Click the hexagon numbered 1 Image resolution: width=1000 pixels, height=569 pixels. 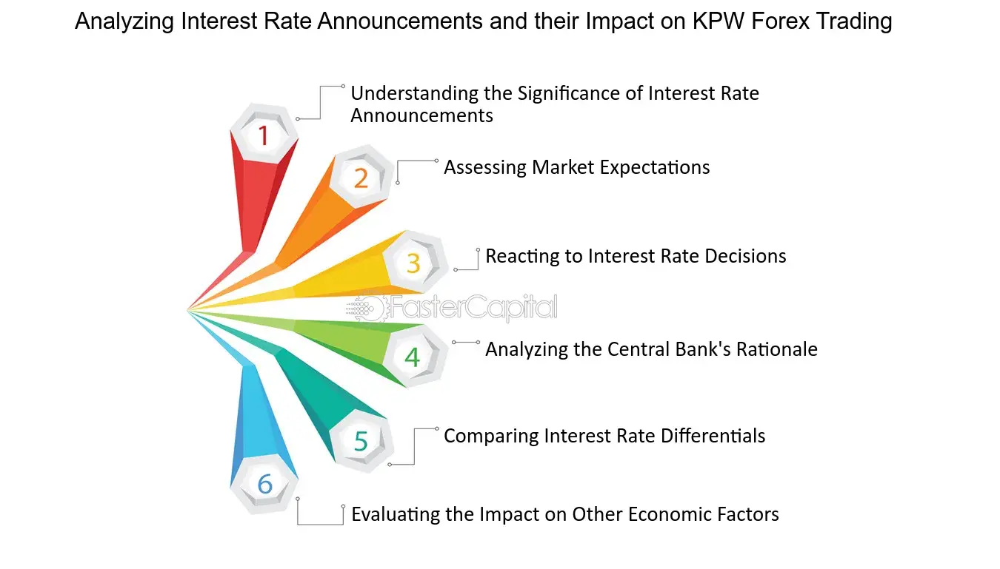tap(264, 134)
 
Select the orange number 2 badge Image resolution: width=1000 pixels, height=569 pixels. tap(361, 177)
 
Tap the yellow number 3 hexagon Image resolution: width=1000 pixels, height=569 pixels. tap(414, 262)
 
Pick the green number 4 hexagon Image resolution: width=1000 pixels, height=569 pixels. tap(413, 356)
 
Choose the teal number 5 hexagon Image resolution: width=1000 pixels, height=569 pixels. tap(361, 440)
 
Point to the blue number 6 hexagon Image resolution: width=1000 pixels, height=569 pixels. tap(264, 484)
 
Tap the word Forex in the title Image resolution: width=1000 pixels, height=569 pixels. tap(780, 21)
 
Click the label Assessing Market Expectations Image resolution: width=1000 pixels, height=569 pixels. tap(577, 168)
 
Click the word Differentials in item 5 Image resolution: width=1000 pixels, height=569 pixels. tap(713, 436)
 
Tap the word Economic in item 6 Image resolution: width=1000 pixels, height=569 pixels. tap(664, 514)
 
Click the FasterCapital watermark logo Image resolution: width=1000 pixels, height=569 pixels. tap(452, 308)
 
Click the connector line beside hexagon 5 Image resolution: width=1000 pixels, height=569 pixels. tap(415, 446)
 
